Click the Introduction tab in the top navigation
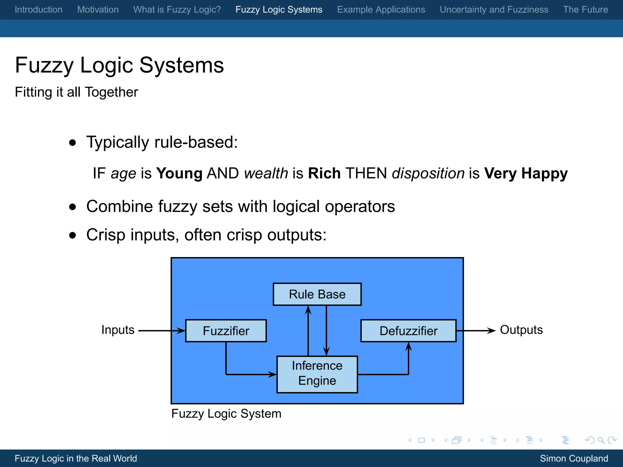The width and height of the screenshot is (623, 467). [39, 10]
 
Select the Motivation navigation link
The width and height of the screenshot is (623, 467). [98, 10]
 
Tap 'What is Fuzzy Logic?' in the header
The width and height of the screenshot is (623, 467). [177, 10]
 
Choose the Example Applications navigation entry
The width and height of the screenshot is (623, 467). [381, 10]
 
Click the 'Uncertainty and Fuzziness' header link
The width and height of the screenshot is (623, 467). [494, 10]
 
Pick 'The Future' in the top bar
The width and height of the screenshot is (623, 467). [585, 10]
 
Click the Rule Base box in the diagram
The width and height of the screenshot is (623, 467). [317, 294]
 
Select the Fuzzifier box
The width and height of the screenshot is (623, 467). [226, 331]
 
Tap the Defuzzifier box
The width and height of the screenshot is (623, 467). [408, 331]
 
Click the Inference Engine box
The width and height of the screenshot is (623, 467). [317, 374]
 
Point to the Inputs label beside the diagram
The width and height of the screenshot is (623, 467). [118, 330]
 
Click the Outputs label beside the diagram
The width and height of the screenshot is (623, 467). [521, 330]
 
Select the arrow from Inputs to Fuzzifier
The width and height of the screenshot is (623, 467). [161, 330]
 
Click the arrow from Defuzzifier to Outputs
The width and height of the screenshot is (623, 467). [476, 330]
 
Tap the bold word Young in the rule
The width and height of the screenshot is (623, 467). [179, 173]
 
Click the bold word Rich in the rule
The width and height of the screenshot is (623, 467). [324, 173]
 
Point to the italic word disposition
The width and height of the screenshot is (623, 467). [428, 173]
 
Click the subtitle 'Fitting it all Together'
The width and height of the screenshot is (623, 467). [76, 92]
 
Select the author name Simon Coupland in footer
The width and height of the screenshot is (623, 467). [574, 458]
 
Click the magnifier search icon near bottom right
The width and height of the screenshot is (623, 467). [601, 440]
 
